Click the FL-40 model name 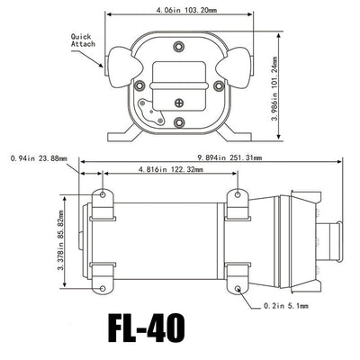point(146,328)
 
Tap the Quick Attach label point(83,40)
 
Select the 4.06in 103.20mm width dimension point(186,10)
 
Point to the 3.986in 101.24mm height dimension point(274,88)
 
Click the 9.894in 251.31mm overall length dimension point(229,157)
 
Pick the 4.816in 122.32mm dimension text point(170,169)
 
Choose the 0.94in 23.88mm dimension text point(39,158)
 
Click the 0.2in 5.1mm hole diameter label point(286,306)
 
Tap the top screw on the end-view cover point(179,47)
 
